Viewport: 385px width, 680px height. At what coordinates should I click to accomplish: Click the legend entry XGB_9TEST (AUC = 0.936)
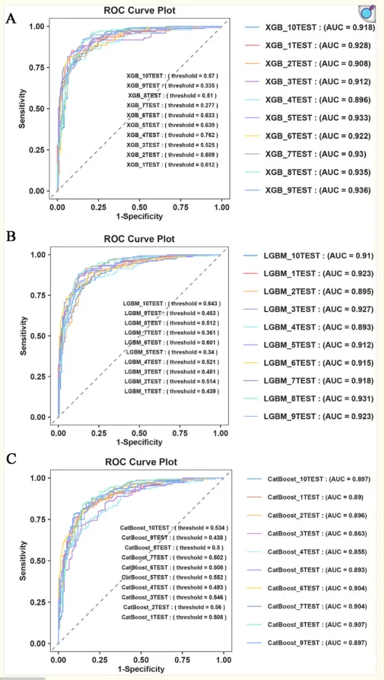[x=307, y=190]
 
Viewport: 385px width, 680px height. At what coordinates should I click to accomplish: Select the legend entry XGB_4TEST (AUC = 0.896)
[x=307, y=100]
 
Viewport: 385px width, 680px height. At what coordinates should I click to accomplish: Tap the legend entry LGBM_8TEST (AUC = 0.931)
[x=307, y=399]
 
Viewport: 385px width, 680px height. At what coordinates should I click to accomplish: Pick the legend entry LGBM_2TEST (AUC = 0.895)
[x=307, y=291]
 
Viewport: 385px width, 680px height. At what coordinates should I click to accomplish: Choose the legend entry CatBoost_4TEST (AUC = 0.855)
[x=307, y=551]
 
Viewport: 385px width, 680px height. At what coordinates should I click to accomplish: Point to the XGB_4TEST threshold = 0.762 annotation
[x=172, y=135]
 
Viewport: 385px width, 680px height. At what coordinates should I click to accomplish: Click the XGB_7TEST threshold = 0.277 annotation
[x=172, y=106]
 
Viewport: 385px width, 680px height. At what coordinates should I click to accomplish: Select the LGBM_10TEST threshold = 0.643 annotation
[x=172, y=303]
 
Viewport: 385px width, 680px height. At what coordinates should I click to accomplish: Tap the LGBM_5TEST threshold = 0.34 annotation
[x=172, y=351]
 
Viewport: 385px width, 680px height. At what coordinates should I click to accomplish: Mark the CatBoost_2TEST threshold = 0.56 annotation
[x=174, y=607]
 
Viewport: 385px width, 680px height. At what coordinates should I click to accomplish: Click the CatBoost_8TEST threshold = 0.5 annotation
[x=174, y=548]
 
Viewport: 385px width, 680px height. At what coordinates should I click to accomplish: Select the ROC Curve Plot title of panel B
[x=139, y=239]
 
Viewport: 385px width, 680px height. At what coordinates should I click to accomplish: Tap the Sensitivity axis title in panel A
[x=21, y=109]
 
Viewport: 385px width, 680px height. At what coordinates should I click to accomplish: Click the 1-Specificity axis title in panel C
[x=142, y=669]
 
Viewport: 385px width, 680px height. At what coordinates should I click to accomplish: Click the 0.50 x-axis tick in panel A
[x=140, y=208]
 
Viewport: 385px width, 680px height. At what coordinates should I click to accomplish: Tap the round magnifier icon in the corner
[x=367, y=13]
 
